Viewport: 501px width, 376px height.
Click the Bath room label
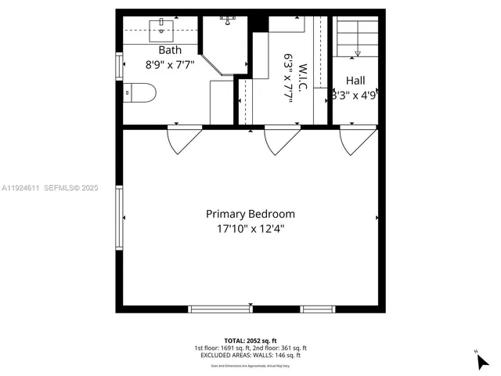pos(170,50)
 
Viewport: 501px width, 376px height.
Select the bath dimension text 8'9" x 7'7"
pos(170,66)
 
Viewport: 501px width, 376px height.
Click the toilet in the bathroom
pos(140,92)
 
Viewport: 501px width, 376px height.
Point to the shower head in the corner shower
pos(228,17)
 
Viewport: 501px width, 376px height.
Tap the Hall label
pos(355,80)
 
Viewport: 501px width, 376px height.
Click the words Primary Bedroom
pos(250,214)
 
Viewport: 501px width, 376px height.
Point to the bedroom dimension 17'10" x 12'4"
pos(250,230)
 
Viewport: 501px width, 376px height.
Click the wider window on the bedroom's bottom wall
pos(220,309)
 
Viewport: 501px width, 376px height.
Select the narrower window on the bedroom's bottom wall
pos(317,309)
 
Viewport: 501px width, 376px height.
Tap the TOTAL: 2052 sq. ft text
pos(250,340)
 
